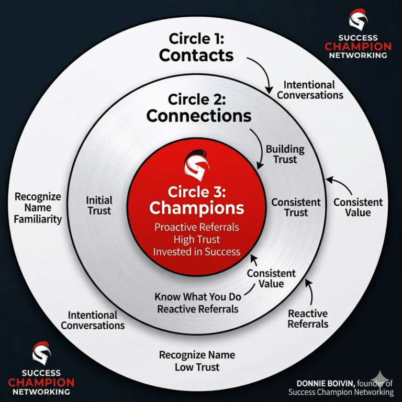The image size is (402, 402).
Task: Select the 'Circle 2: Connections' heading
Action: point(198,107)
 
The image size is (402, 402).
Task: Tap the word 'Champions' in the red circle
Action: point(196,208)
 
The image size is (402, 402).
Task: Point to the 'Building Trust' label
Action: point(284,154)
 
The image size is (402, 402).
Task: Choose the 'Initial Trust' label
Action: point(99,206)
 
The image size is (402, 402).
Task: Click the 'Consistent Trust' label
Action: point(296,207)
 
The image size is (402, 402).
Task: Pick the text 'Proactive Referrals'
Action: point(196,228)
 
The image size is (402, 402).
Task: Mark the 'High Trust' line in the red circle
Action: point(196,239)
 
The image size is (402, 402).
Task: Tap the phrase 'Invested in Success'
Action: point(196,251)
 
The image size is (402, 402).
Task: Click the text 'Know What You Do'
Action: point(197,297)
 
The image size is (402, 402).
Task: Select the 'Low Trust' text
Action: point(197,367)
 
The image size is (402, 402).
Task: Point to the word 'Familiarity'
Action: point(38,219)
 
